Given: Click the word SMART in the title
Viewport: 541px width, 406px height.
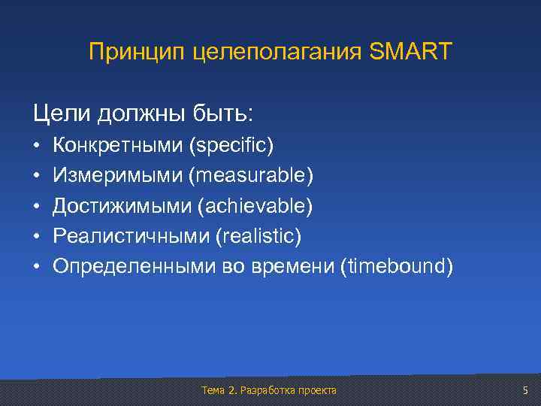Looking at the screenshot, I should pyautogui.click(x=411, y=52).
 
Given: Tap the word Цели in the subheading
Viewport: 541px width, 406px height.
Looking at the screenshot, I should pyautogui.click(x=59, y=114).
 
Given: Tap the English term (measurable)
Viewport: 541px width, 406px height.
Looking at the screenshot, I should pyautogui.click(x=251, y=175).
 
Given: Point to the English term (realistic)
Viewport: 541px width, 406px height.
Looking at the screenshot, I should pyautogui.click(x=258, y=237).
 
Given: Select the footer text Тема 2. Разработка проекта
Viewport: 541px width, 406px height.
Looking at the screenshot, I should pyautogui.click(x=269, y=390).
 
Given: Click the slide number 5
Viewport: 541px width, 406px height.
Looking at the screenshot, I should pyautogui.click(x=524, y=389).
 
